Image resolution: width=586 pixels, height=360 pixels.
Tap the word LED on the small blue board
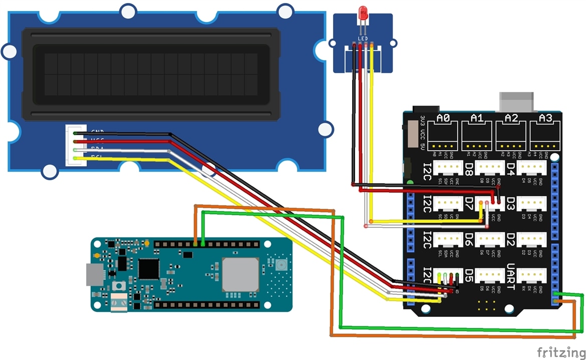363,38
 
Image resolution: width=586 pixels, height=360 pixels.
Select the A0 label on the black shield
443,118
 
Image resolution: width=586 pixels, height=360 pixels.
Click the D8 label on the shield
469,167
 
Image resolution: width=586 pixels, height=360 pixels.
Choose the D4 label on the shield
511,167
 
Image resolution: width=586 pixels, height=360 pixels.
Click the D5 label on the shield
469,275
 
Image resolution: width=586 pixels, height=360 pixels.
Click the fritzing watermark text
559,352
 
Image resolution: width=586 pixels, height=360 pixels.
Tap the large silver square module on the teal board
240,274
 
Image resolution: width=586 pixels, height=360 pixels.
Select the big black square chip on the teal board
149,269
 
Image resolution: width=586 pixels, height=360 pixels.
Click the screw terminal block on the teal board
119,302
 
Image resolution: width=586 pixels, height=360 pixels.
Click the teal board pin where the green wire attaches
202,244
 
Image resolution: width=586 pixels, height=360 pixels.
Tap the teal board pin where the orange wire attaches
195,244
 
